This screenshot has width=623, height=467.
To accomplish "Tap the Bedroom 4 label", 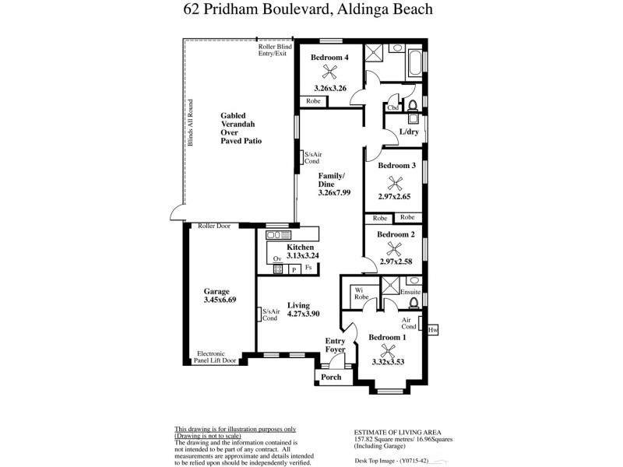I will (x=329, y=58).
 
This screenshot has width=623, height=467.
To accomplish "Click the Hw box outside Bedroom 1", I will (x=433, y=330).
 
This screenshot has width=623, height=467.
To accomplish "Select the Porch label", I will (x=332, y=377).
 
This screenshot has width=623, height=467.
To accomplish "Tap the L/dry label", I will (x=410, y=132).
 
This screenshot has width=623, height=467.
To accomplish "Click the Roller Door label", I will (x=214, y=226).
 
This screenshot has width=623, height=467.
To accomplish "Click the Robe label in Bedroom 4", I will (x=313, y=101).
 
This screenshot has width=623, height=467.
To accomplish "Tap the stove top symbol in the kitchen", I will (x=277, y=269).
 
